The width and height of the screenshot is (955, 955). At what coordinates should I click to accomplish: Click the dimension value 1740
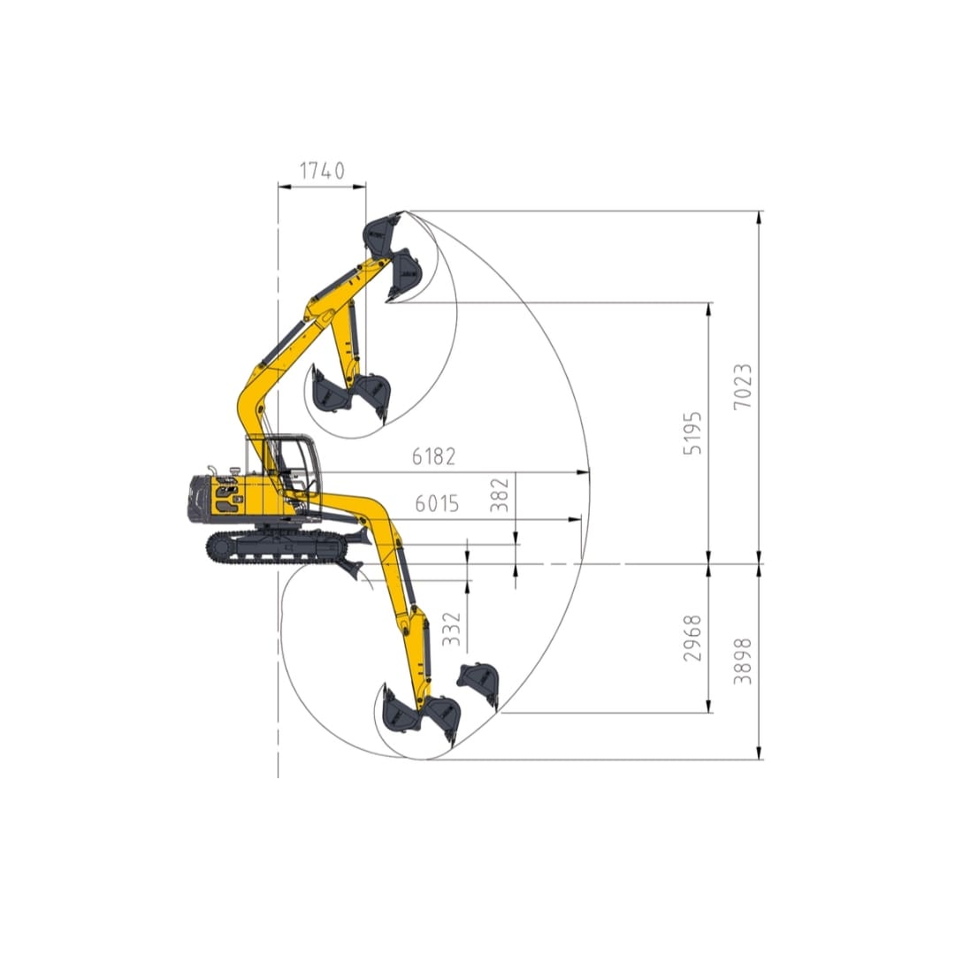pyautogui.click(x=321, y=171)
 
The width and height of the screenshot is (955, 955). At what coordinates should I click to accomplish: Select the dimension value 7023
pyautogui.click(x=743, y=386)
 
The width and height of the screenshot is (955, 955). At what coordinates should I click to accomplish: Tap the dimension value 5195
pyautogui.click(x=694, y=432)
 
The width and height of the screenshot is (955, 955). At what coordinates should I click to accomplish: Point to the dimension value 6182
pyautogui.click(x=433, y=457)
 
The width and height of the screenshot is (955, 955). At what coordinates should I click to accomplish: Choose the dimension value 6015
pyautogui.click(x=437, y=504)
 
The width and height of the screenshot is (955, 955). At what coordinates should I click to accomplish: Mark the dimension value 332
pyautogui.click(x=452, y=629)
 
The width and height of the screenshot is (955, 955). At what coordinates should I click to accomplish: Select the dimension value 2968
pyautogui.click(x=694, y=638)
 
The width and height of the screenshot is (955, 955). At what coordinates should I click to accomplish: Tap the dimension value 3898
pyautogui.click(x=743, y=661)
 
